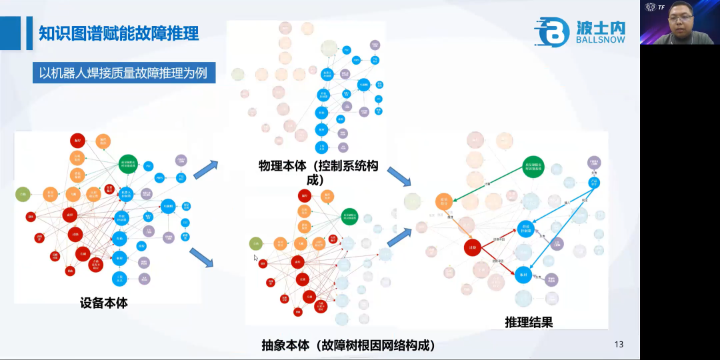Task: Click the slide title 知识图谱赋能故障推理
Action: coord(119,33)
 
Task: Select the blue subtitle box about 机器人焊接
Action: coord(123,73)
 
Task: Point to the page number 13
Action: coord(619,345)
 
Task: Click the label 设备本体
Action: coord(103,303)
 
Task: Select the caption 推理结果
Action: coord(529,322)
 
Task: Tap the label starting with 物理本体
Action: coord(318,172)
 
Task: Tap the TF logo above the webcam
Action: coord(654,7)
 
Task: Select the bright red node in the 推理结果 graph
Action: coord(473,247)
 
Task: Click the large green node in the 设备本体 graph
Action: coord(129,163)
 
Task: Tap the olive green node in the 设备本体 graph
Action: coord(23,194)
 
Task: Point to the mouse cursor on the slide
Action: coord(255,258)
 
